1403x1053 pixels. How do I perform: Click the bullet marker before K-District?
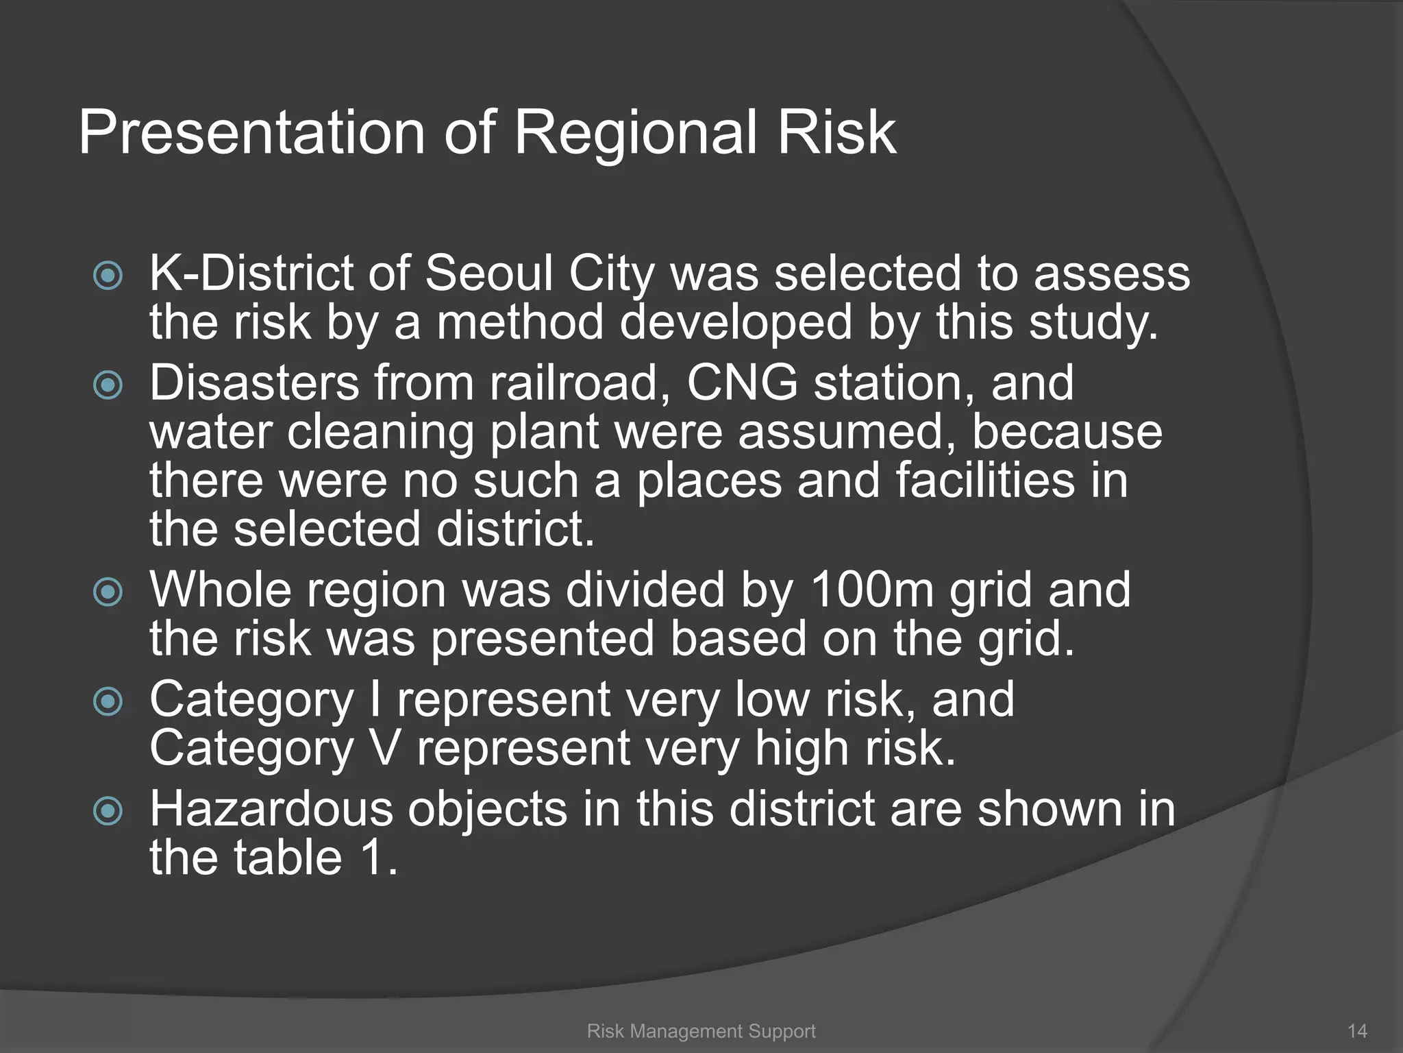108,276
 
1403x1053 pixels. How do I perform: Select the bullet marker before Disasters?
108,385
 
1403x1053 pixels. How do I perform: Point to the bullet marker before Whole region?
108,592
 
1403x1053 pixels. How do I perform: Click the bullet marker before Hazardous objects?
108,812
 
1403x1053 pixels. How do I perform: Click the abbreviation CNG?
741,383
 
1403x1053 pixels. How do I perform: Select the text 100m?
871,590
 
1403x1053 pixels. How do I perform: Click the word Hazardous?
271,809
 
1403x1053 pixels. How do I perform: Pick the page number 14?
1357,1031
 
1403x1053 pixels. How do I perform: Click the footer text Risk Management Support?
701,1031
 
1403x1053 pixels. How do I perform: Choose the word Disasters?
254,383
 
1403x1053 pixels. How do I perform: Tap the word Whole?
221,590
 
